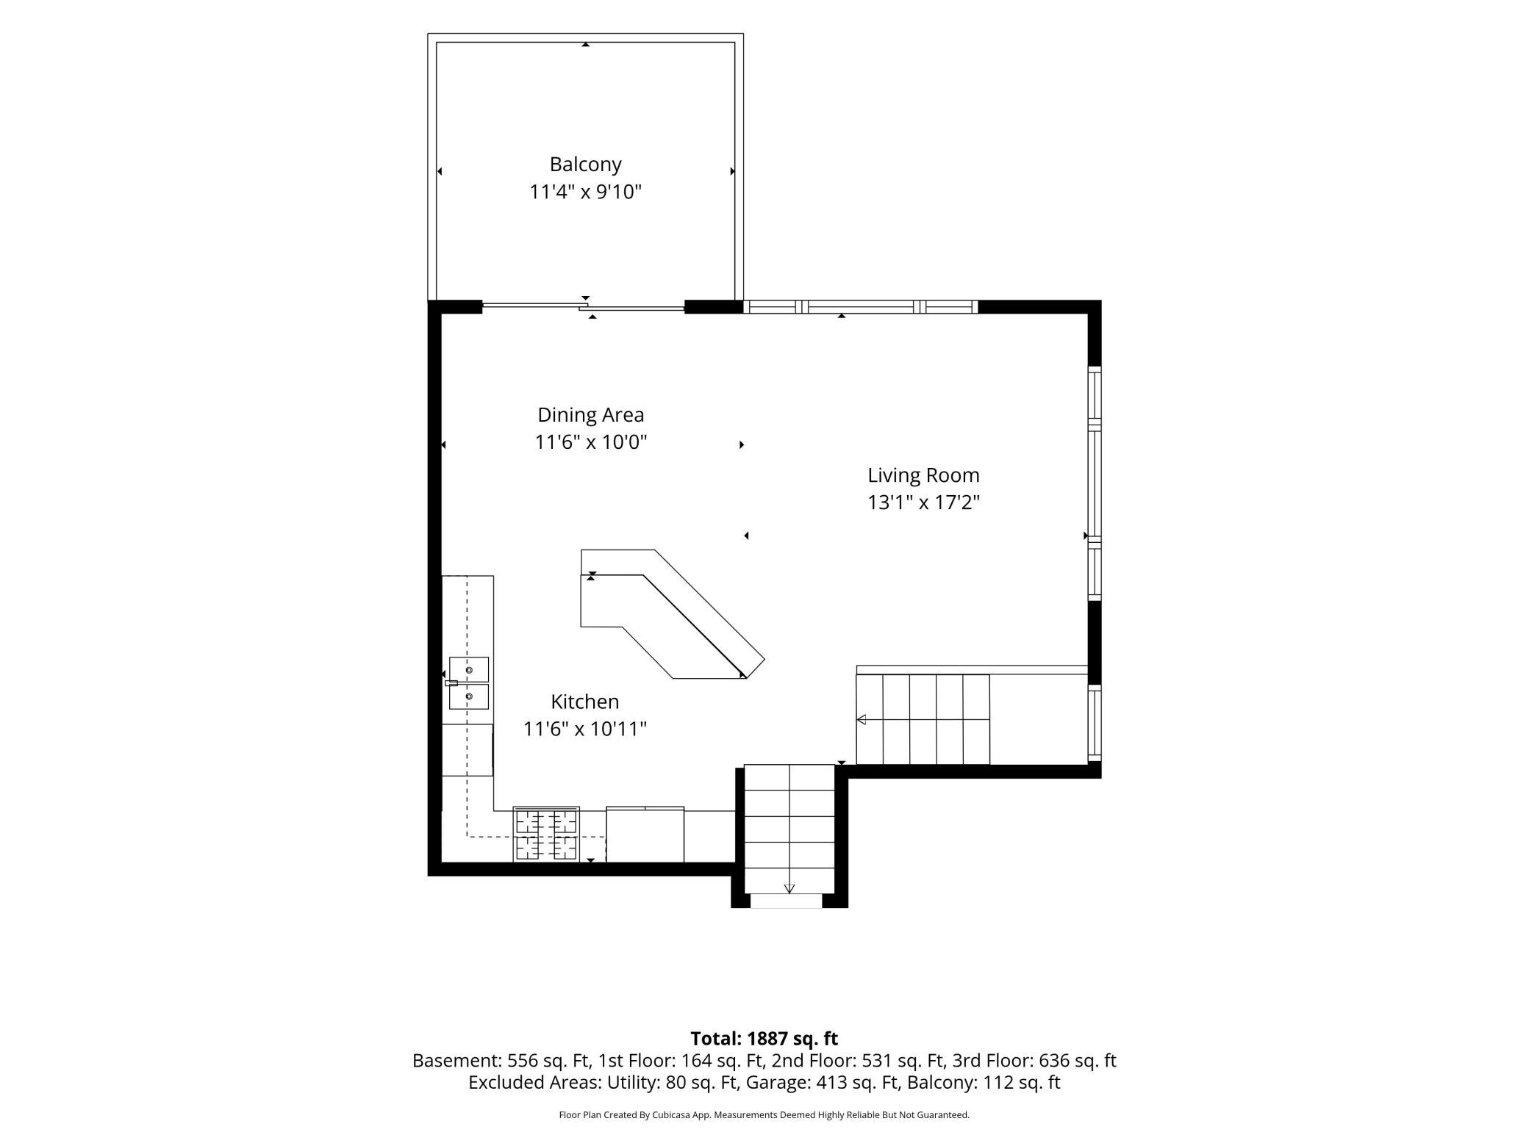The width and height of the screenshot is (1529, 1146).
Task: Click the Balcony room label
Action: [x=585, y=165]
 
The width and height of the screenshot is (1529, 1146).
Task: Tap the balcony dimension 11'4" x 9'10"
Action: [x=585, y=192]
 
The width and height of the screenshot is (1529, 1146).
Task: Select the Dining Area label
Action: [x=590, y=415]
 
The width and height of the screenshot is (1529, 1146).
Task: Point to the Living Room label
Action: [x=923, y=475]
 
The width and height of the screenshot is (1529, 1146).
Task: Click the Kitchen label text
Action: [x=585, y=702]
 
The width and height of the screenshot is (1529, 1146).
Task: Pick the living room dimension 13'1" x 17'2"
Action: [x=923, y=503]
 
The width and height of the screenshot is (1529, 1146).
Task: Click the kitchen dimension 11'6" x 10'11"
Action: [x=585, y=729]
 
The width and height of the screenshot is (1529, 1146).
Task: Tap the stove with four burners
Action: [x=546, y=834]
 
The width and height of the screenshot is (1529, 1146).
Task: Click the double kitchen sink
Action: [x=468, y=683]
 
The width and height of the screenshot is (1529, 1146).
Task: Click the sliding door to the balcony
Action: [x=584, y=306]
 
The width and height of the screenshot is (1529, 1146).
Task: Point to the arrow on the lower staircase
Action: [x=789, y=889]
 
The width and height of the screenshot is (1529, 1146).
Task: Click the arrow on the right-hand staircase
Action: [x=862, y=719]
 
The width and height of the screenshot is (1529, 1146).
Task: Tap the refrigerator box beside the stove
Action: [x=645, y=835]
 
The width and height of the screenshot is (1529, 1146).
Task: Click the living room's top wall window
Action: [x=861, y=307]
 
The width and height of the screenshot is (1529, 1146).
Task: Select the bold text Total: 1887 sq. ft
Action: [x=764, y=1039]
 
